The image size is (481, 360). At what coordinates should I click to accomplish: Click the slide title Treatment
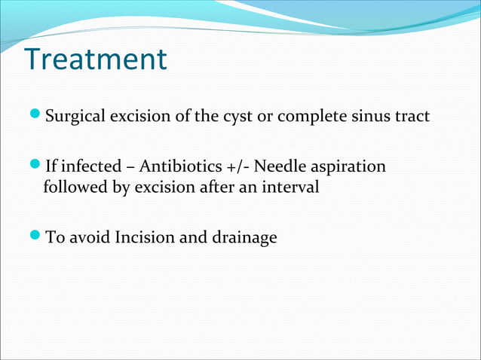tap(95, 59)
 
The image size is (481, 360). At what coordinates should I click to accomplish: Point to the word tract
tap(411, 117)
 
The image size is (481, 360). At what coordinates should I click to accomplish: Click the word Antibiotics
tap(176, 166)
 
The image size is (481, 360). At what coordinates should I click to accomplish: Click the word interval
tap(293, 187)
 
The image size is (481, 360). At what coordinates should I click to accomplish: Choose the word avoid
tap(89, 238)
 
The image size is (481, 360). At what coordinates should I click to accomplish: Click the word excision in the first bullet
tap(136, 117)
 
